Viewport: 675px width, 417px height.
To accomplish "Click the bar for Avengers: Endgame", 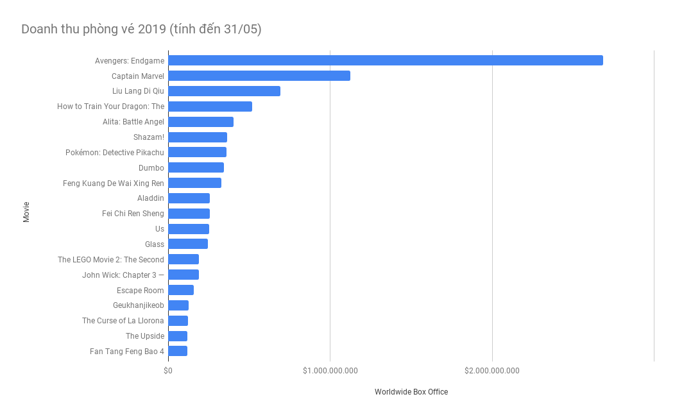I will (385, 60).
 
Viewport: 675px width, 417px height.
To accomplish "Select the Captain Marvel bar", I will (259, 76).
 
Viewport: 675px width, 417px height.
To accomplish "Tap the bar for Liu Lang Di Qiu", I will (224, 91).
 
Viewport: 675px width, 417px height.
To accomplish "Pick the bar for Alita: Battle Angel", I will (201, 122).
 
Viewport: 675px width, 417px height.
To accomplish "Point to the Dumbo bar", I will (196, 167).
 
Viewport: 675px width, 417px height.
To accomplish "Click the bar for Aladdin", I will (189, 198).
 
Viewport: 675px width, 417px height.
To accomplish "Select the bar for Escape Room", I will (181, 290).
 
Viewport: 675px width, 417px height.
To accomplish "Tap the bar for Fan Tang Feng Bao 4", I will (178, 351).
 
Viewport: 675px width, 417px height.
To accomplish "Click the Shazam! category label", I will (148, 137).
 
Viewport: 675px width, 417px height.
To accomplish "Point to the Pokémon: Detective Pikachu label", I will (114, 153).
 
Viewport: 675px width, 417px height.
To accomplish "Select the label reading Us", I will (159, 229).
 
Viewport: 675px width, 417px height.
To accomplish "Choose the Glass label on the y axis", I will (154, 244).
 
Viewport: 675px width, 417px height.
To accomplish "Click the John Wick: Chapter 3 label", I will (123, 275).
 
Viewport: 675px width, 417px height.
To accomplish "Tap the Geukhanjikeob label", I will (138, 305).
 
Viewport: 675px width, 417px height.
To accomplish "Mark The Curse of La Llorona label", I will (123, 321).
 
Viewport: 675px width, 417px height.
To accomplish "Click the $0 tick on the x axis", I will (168, 371).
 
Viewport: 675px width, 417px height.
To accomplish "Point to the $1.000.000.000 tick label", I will (330, 371).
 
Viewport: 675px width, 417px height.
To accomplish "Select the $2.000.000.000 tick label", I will (492, 371).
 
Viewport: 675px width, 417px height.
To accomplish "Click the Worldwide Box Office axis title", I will (411, 392).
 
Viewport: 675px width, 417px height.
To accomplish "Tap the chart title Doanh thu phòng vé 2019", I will (141, 29).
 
